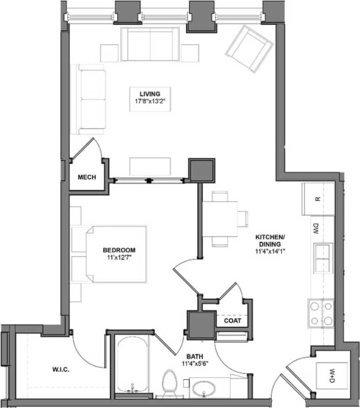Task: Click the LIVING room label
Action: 150,94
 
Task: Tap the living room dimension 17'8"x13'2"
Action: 150,101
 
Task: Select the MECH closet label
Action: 87,178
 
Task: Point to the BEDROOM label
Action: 119,250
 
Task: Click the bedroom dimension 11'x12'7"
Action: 119,258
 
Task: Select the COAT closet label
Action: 232,321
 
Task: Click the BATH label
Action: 195,356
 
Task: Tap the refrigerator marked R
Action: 317,198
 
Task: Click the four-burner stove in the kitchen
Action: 320,314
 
